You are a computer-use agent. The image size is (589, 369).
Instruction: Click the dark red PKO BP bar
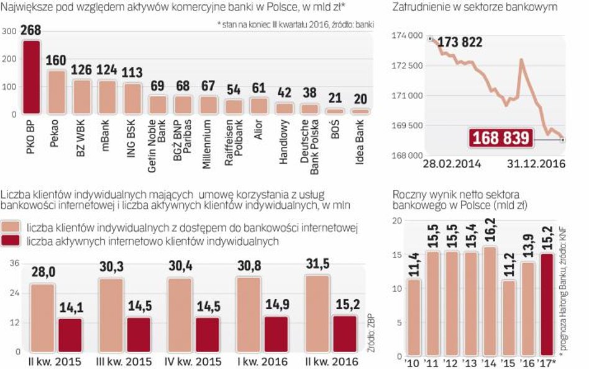tap(31, 77)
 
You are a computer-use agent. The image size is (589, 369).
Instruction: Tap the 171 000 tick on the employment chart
tap(406, 95)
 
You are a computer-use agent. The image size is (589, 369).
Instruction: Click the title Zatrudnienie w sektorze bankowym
tap(475, 7)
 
